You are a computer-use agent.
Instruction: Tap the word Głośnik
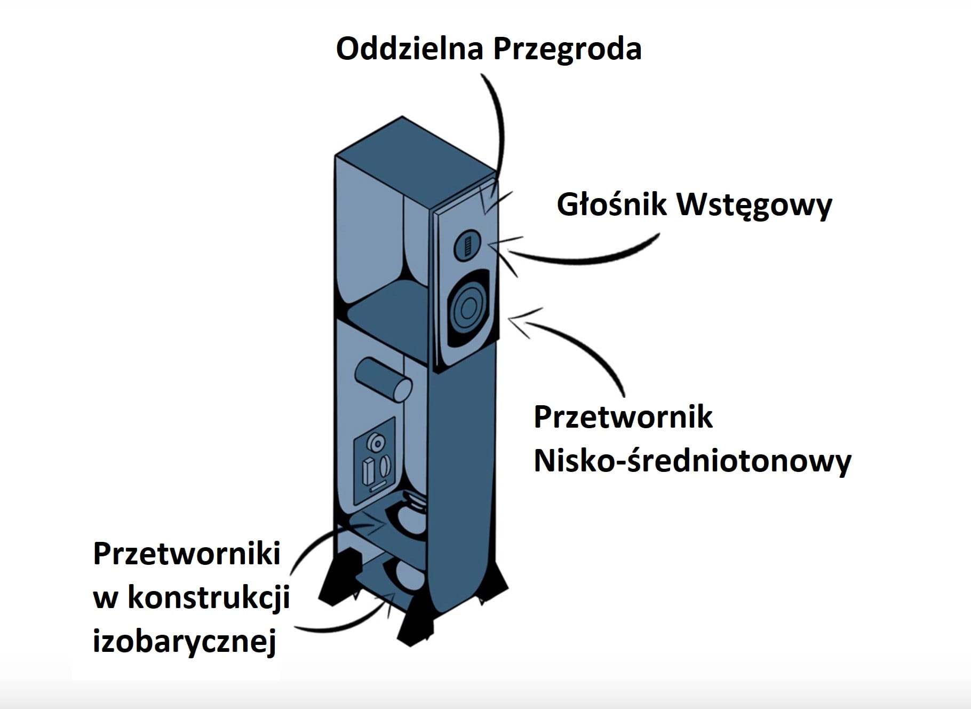click(x=611, y=204)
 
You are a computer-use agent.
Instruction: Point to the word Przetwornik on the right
click(x=623, y=417)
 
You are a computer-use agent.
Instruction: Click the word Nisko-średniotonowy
click(x=692, y=461)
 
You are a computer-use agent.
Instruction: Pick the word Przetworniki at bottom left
click(x=187, y=554)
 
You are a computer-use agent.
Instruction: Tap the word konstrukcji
click(x=209, y=597)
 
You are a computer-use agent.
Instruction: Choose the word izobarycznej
click(x=185, y=641)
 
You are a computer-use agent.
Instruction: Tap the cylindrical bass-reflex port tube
click(x=384, y=379)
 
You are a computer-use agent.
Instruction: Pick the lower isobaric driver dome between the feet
click(x=409, y=574)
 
